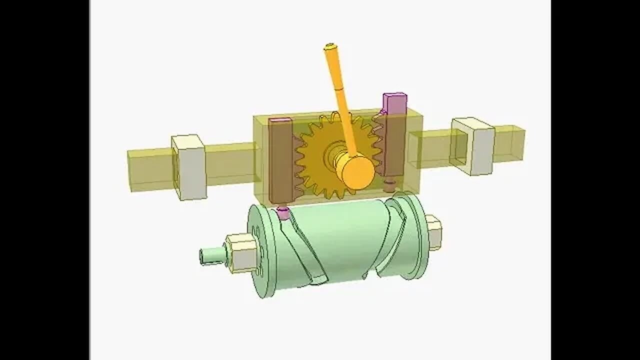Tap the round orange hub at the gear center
(354, 171)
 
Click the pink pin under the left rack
(283, 213)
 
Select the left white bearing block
(189, 167)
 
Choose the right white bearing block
(474, 145)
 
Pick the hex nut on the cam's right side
(433, 232)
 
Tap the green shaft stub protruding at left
(207, 256)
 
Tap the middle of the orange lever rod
(341, 100)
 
